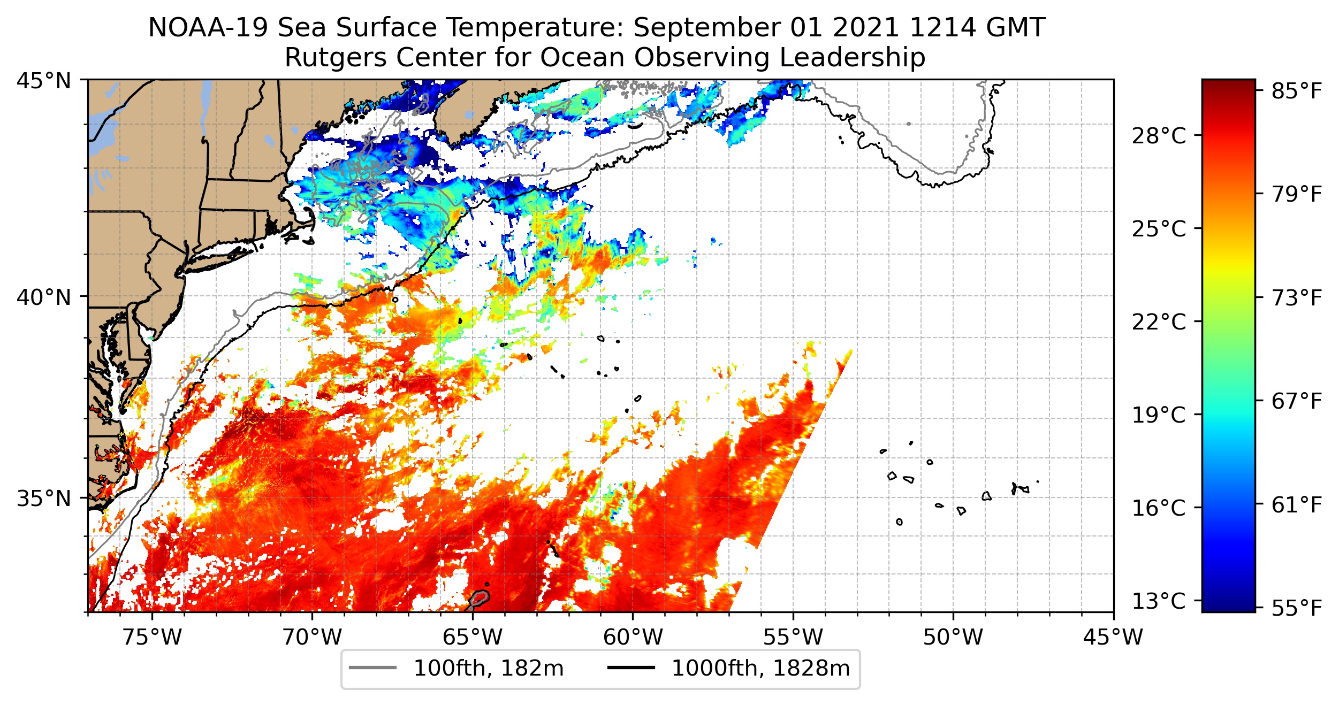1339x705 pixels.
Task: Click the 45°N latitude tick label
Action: click(x=44, y=81)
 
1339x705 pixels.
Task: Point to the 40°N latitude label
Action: click(x=44, y=297)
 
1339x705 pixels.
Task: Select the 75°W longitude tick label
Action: click(x=153, y=637)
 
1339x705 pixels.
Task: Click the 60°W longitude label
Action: click(x=633, y=637)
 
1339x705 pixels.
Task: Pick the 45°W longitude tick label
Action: click(x=1113, y=637)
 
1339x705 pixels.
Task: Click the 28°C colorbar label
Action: click(x=1159, y=136)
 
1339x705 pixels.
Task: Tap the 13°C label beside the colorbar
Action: click(x=1159, y=601)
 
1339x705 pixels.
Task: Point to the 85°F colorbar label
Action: click(x=1297, y=91)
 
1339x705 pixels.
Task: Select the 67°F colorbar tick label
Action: click(x=1297, y=401)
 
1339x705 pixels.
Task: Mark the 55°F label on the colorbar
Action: click(x=1297, y=608)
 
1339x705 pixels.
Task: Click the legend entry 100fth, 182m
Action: click(x=489, y=669)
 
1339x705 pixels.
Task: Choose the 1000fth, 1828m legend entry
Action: click(x=760, y=669)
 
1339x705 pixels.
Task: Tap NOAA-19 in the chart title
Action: click(x=208, y=28)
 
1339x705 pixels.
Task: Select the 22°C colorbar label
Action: click(x=1159, y=322)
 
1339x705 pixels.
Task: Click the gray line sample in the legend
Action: click(x=373, y=668)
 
